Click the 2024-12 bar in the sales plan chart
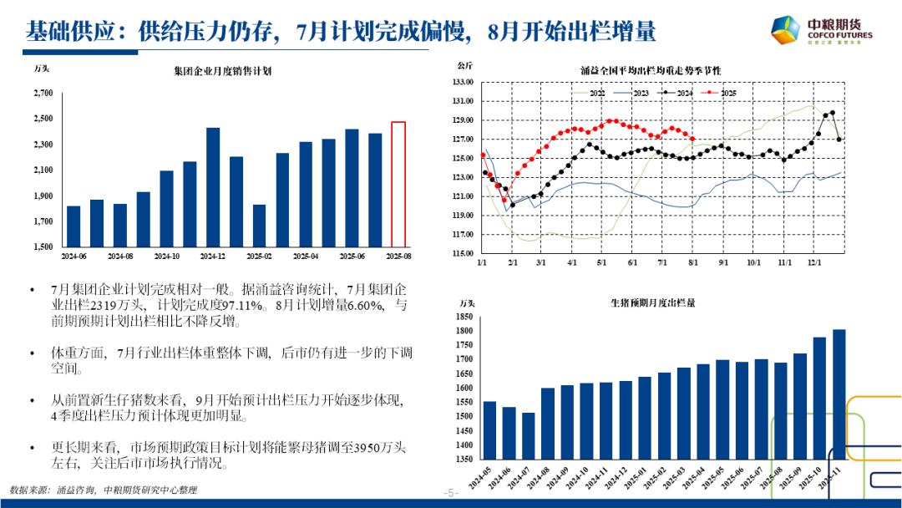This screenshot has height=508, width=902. click(x=213, y=187)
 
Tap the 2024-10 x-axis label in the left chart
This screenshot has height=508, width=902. click(x=167, y=256)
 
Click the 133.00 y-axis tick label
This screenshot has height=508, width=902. click(x=463, y=82)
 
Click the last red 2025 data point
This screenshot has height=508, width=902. click(x=692, y=139)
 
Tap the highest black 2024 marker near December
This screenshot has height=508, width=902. click(x=833, y=113)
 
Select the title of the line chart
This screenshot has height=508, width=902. click(x=650, y=69)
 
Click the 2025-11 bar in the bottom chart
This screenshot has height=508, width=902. click(x=839, y=394)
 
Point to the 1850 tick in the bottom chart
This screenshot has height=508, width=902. click(x=462, y=317)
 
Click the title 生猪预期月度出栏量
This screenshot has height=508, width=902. click(x=652, y=302)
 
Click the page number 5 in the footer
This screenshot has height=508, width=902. click(x=452, y=493)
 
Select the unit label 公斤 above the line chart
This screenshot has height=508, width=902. click(x=465, y=65)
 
